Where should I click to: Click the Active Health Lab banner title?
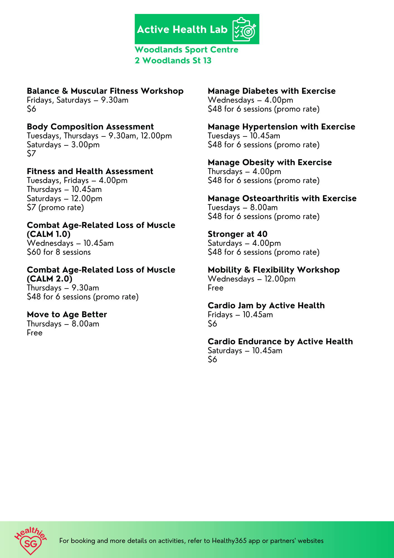point(182,30)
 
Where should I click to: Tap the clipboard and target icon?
point(244,30)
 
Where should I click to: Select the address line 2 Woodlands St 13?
point(173,61)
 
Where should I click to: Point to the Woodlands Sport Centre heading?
point(186,50)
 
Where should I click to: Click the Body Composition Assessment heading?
point(90,127)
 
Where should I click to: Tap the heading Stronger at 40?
point(237,234)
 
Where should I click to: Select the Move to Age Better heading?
point(67,314)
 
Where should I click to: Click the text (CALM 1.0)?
point(49,234)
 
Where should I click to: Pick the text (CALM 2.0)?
point(50,279)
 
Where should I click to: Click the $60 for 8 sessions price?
point(59,252)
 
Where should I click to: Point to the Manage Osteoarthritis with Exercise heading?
point(282,198)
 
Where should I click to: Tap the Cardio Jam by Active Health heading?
point(266,306)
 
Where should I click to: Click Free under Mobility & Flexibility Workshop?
point(216,288)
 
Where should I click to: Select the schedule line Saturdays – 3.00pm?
point(63,145)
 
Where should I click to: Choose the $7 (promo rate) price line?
point(55,208)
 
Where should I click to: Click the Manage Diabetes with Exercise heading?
point(272,91)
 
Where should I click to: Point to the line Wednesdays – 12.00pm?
point(252,279)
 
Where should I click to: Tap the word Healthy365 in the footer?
point(229,541)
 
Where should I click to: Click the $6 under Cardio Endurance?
point(212,359)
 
